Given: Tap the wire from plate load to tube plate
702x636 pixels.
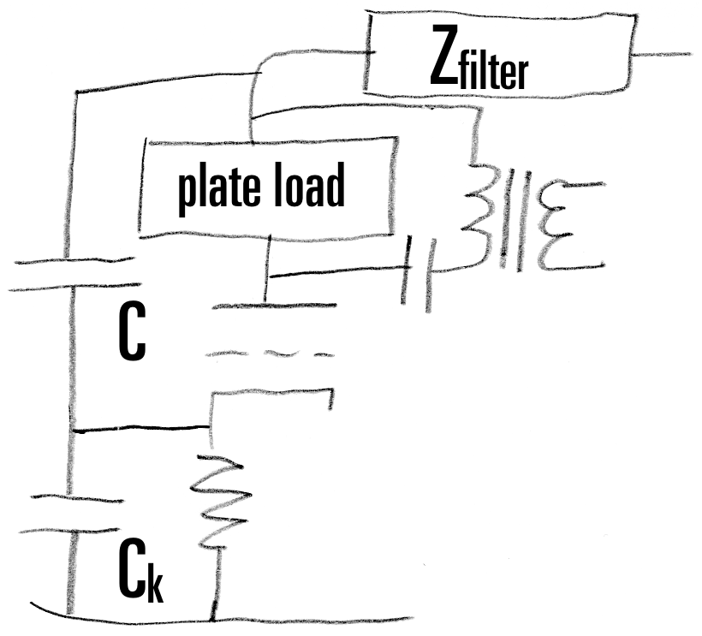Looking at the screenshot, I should click(270, 257).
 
